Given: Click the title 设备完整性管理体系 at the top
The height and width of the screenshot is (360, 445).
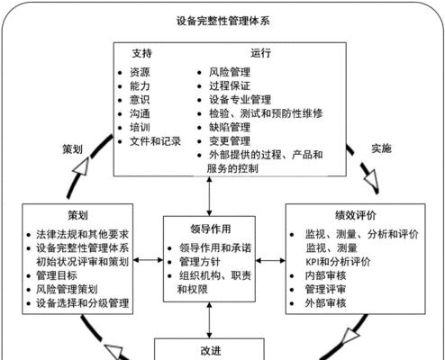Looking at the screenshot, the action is pyautogui.click(x=222, y=21).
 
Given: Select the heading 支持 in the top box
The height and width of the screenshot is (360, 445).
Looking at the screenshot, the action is pyautogui.click(x=142, y=53).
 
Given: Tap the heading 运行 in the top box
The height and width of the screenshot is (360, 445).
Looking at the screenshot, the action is pyautogui.click(x=260, y=53).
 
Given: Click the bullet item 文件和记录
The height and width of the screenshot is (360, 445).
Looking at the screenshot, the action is pyautogui.click(x=155, y=141).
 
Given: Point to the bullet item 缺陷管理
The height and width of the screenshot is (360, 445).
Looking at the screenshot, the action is pyautogui.click(x=230, y=128).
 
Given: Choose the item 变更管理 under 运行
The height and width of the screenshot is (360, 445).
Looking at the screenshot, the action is pyautogui.click(x=230, y=141).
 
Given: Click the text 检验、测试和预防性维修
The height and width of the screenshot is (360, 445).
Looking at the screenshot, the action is pyautogui.click(x=266, y=113).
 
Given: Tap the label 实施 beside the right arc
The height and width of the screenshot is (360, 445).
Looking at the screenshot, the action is pyautogui.click(x=381, y=148).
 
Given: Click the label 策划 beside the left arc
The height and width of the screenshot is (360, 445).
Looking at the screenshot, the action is pyautogui.click(x=72, y=149).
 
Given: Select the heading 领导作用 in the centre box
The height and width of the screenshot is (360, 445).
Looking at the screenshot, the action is pyautogui.click(x=211, y=229).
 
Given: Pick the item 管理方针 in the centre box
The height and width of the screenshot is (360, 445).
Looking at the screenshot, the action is pyautogui.click(x=200, y=262).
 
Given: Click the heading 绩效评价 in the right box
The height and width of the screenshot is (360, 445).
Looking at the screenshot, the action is pyautogui.click(x=356, y=215).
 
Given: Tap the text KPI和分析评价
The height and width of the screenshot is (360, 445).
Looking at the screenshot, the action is pyautogui.click(x=338, y=262).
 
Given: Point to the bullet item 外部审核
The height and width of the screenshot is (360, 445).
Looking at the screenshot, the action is pyautogui.click(x=325, y=303).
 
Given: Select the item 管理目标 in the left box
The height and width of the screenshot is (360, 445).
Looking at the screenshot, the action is pyautogui.click(x=57, y=275).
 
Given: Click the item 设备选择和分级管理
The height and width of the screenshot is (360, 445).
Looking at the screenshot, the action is pyautogui.click(x=83, y=303).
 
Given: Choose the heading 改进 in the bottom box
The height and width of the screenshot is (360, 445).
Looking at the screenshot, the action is pyautogui.click(x=211, y=351).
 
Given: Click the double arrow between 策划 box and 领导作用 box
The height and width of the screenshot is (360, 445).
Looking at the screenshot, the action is pyautogui.click(x=148, y=260).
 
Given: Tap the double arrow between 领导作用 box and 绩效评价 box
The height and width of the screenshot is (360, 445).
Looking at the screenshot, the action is pyautogui.click(x=270, y=261).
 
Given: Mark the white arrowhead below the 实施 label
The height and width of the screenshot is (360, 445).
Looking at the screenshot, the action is pyautogui.click(x=370, y=178).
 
